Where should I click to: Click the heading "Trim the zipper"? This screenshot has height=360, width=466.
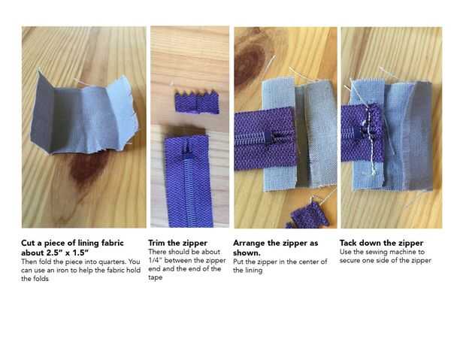pos(177,243)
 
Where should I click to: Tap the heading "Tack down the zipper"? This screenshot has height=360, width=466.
pos(381,243)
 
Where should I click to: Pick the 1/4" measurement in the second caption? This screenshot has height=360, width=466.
pos(155,260)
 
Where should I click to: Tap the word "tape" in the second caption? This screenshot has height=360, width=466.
pos(155,277)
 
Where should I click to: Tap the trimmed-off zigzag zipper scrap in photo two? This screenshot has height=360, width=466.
pos(197,101)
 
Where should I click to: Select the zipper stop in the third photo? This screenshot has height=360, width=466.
pos(268,138)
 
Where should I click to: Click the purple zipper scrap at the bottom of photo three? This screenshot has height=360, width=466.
pos(308,216)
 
